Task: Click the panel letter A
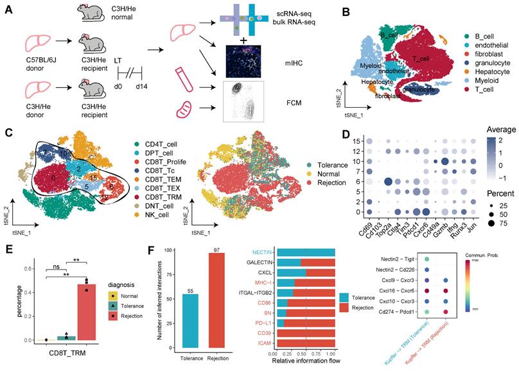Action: (x=8, y=11)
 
